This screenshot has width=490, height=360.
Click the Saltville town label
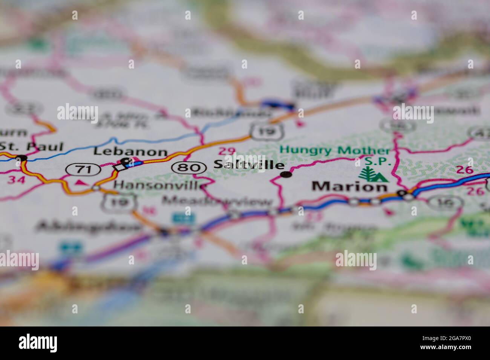249,165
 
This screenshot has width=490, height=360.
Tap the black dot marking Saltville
287,174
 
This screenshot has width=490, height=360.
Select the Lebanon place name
130,152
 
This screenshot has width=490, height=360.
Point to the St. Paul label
32,146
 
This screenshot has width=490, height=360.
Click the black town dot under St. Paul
22,158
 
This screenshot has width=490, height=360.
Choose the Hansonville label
160,185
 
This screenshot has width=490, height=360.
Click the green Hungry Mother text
335,150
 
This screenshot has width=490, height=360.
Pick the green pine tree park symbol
370,174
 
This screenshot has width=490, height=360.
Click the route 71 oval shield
83,170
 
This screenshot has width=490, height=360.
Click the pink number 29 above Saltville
227,151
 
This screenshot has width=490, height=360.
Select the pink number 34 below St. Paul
17,180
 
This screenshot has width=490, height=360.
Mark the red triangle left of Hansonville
80,183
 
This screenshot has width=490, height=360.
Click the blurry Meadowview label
217,201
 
